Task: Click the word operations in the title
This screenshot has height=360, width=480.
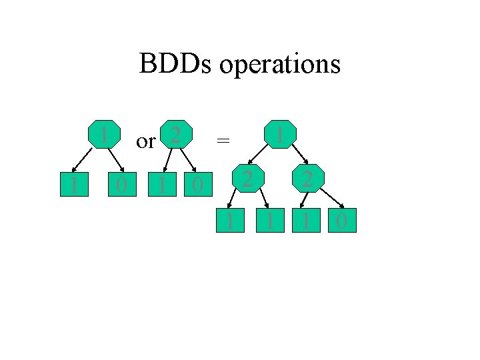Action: [279, 65]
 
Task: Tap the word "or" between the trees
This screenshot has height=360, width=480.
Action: [145, 141]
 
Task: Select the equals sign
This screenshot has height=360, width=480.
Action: [224, 140]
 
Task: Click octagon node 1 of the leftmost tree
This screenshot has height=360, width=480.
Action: [105, 133]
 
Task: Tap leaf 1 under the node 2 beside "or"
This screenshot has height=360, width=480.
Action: [161, 183]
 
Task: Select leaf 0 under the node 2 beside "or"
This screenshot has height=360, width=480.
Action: [196, 183]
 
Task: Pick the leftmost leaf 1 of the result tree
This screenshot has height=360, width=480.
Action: [229, 219]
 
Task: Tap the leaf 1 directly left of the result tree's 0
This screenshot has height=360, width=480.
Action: [306, 219]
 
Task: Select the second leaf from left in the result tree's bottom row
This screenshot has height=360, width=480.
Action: [269, 219]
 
